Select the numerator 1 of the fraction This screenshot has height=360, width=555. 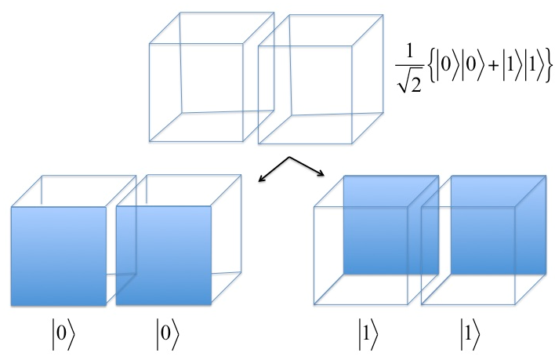(409, 51)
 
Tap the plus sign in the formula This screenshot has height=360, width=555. (492, 66)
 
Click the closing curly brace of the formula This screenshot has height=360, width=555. (548, 66)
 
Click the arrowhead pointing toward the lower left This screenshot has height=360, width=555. (261, 178)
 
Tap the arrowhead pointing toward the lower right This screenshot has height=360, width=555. (321, 173)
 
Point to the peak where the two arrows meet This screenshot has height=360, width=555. (290, 157)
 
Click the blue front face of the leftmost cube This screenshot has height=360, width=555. (59, 256)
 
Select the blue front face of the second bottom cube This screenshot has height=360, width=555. (164, 255)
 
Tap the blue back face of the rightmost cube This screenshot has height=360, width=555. (499, 225)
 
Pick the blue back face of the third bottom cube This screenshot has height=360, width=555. (391, 225)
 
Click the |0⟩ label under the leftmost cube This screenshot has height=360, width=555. (63, 334)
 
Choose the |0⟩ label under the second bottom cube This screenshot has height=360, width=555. (168, 334)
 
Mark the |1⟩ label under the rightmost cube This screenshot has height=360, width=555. (470, 334)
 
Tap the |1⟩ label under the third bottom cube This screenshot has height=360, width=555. (368, 334)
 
